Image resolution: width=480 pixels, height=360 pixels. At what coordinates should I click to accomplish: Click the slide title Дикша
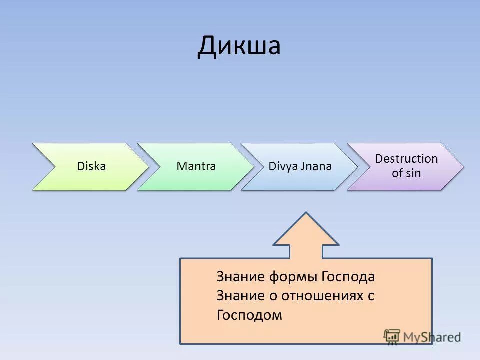239,46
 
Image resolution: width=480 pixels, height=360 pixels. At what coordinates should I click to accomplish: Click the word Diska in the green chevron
91,166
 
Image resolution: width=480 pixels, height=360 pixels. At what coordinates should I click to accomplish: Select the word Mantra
196,166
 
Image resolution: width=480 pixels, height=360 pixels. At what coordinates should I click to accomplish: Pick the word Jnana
316,166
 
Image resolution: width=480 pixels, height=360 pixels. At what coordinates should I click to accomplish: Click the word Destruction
406,159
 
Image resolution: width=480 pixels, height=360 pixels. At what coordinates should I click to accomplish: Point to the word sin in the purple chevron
413,174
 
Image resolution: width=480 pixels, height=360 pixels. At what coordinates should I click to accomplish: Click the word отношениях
321,296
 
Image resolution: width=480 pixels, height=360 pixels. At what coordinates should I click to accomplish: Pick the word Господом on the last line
249,315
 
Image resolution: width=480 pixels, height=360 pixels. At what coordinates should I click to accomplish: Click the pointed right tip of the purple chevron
463,167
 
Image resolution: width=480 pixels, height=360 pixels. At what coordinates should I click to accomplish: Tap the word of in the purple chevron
397,174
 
